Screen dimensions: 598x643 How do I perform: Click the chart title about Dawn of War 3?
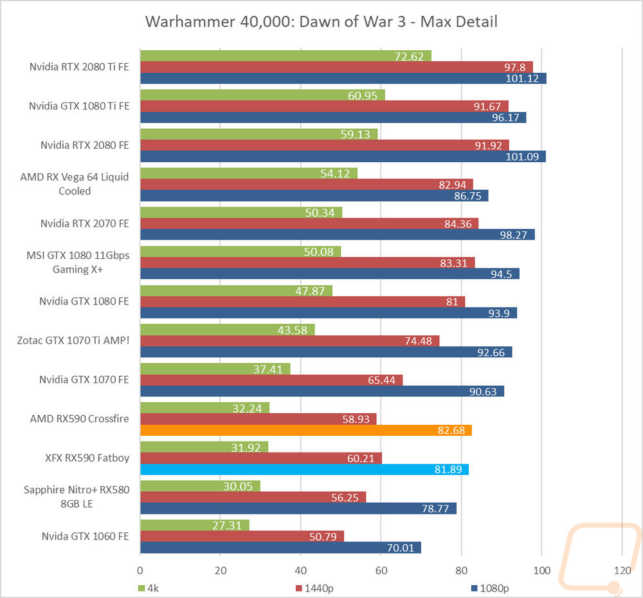point(321,21)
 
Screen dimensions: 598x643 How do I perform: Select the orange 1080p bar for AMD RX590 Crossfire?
point(305,430)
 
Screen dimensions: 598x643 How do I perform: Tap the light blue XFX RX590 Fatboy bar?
point(304,469)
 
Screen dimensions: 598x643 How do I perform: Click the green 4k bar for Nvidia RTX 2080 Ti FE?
point(285,56)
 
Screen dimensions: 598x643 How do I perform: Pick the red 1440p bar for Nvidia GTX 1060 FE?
point(242,536)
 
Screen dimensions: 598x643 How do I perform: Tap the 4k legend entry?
point(153,588)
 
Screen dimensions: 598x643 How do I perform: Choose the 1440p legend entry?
point(317,588)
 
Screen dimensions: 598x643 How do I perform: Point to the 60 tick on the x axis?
point(381,570)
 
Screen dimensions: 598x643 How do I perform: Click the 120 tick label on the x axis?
point(622,570)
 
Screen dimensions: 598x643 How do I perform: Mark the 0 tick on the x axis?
point(140,570)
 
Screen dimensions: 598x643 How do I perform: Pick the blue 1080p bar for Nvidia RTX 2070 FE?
point(337,235)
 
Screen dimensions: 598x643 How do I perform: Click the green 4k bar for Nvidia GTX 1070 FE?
point(215,369)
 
